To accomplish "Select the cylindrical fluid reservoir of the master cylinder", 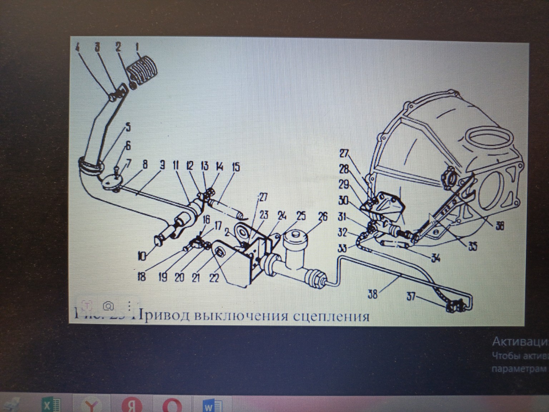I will point(296,247).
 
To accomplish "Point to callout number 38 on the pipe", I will point(372,294).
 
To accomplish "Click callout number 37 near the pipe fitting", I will point(411,296).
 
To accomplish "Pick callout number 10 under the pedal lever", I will point(142,256).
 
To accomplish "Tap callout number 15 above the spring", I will point(236,167).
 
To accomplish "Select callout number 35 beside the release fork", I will point(473,247).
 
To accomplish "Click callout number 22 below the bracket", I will point(214,277).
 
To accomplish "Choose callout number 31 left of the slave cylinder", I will point(342,217).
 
